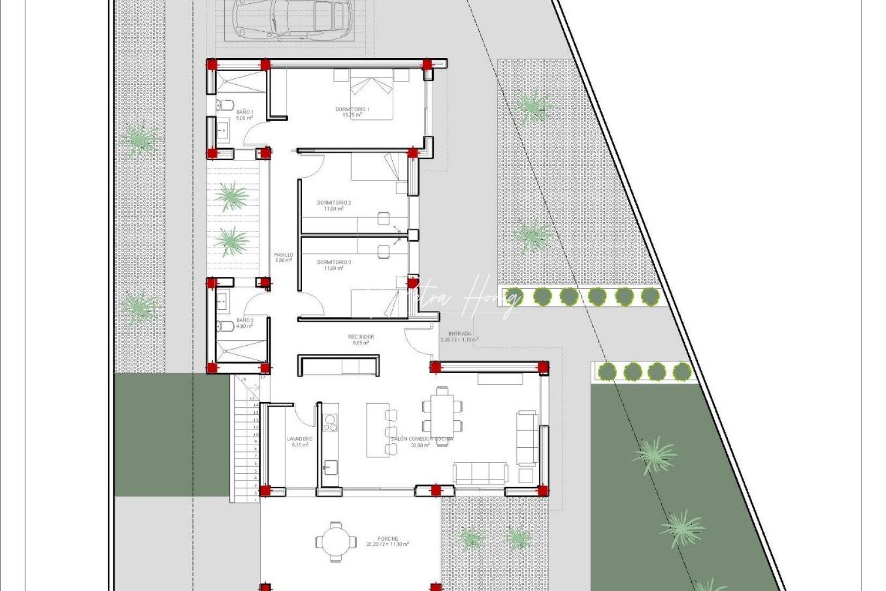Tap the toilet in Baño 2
click(x=224, y=327)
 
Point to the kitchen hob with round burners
click(x=330, y=422)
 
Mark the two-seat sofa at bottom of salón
click(x=480, y=473)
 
